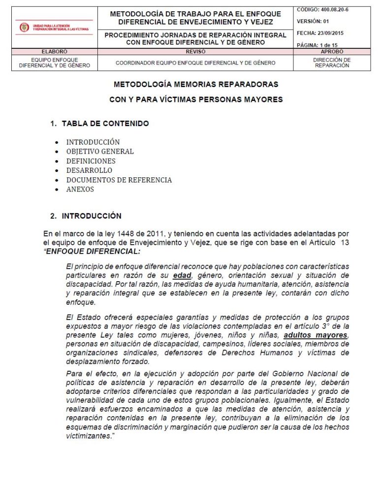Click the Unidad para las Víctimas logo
[x=54, y=28]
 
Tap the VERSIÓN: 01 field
[x=313, y=22]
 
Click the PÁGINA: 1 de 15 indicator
[x=317, y=45]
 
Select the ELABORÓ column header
[x=54, y=51]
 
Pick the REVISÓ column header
[x=195, y=51]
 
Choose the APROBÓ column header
[x=332, y=51]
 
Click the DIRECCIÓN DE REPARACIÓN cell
[x=332, y=63]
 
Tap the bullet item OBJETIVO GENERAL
[x=100, y=152]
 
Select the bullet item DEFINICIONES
[x=91, y=161]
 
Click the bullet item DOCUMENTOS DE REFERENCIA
[x=119, y=180]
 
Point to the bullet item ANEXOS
[x=80, y=189]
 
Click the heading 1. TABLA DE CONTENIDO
[x=99, y=124]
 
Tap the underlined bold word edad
[x=182, y=275]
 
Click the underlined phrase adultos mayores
[x=315, y=335]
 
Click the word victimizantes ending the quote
[x=88, y=436]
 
